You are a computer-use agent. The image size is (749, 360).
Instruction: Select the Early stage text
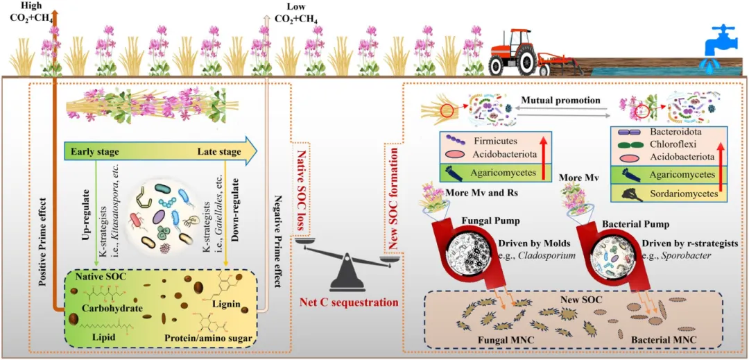pyautogui.click(x=94, y=151)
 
